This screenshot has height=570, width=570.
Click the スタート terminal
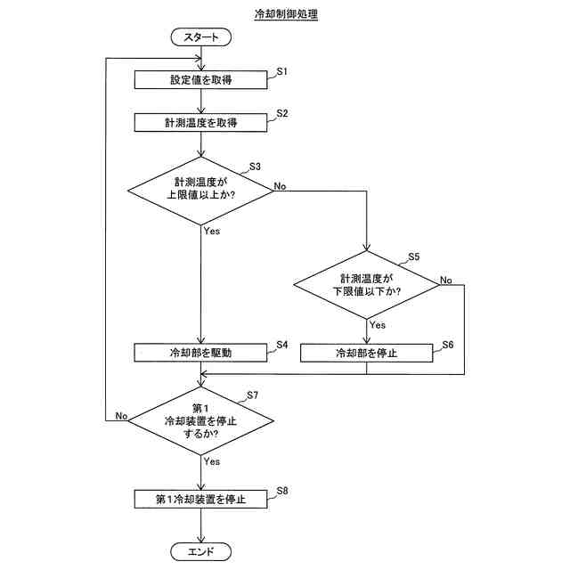coord(201,37)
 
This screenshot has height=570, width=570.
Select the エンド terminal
coord(201,551)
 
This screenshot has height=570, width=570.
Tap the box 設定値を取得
coord(201,79)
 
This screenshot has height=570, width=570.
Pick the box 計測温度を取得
coord(201,122)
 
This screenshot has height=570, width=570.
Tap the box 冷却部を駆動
coord(201,353)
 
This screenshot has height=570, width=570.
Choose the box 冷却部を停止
coord(366,353)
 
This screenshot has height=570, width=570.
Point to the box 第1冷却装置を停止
coord(201,499)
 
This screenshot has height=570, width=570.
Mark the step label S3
coord(255,166)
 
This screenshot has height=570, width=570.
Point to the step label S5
coord(413,256)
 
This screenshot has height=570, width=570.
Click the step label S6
coord(447,344)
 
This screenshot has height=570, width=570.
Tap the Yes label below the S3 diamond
coord(212,232)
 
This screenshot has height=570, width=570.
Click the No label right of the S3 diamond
coord(280,186)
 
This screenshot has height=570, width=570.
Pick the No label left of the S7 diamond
coord(122,415)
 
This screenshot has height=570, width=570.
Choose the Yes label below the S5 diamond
coord(378,325)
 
